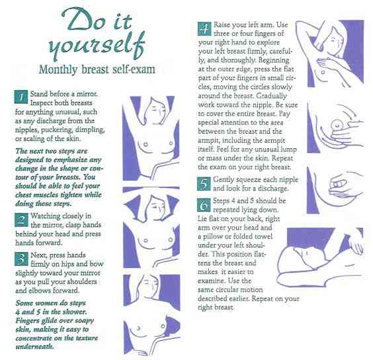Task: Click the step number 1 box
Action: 20,97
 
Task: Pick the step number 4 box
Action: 204,29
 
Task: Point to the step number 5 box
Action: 204,183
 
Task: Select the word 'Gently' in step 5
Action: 228,180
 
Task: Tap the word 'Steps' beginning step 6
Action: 226,201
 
